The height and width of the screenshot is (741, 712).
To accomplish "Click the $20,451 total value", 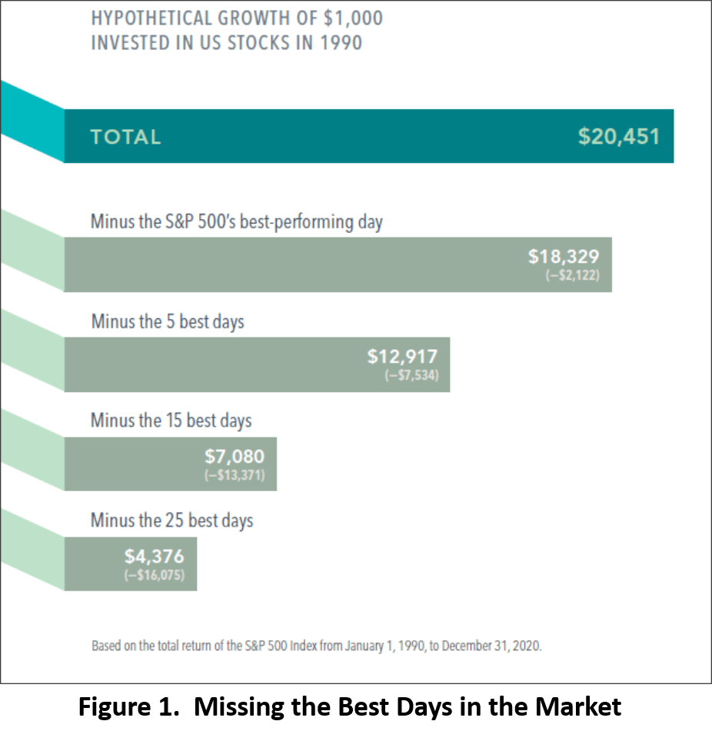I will (618, 137).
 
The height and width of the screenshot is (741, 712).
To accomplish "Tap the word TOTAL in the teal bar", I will (125, 138).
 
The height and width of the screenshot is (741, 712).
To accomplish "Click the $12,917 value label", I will (402, 357).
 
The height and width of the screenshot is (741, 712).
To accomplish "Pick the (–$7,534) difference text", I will (411, 376).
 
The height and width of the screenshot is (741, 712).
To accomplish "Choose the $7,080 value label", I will (234, 457).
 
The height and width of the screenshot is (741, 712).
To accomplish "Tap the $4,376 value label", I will (155, 557).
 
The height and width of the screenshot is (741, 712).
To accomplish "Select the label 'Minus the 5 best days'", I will (168, 321).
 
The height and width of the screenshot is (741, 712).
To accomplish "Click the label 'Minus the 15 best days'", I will (171, 421).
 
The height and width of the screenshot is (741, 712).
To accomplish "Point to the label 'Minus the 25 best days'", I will (171, 520).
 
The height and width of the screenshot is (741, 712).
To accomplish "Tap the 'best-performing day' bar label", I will (311, 222).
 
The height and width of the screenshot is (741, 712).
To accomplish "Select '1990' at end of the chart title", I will (341, 42).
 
